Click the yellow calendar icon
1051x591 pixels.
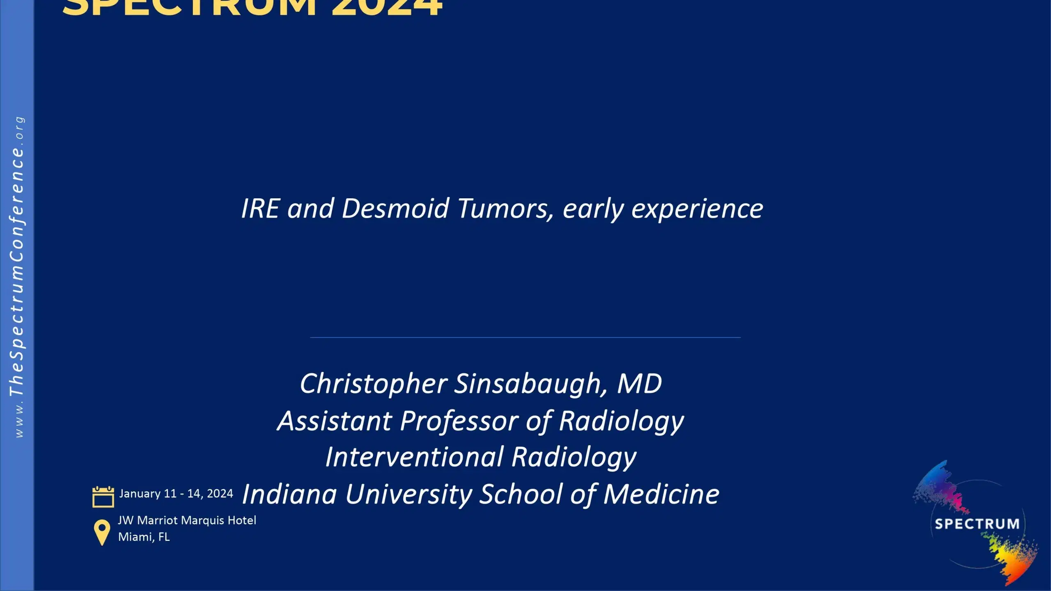(103, 497)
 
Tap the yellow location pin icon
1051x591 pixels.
(102, 532)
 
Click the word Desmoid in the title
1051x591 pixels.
(395, 208)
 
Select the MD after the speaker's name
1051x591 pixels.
(640, 383)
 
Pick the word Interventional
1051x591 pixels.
(414, 457)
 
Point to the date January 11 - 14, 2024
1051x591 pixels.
(176, 493)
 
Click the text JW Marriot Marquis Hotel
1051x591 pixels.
(187, 520)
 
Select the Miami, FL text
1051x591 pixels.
(144, 537)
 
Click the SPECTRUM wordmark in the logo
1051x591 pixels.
(977, 524)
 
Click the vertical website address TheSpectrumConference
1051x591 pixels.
(17, 271)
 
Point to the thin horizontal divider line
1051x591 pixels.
(525, 337)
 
